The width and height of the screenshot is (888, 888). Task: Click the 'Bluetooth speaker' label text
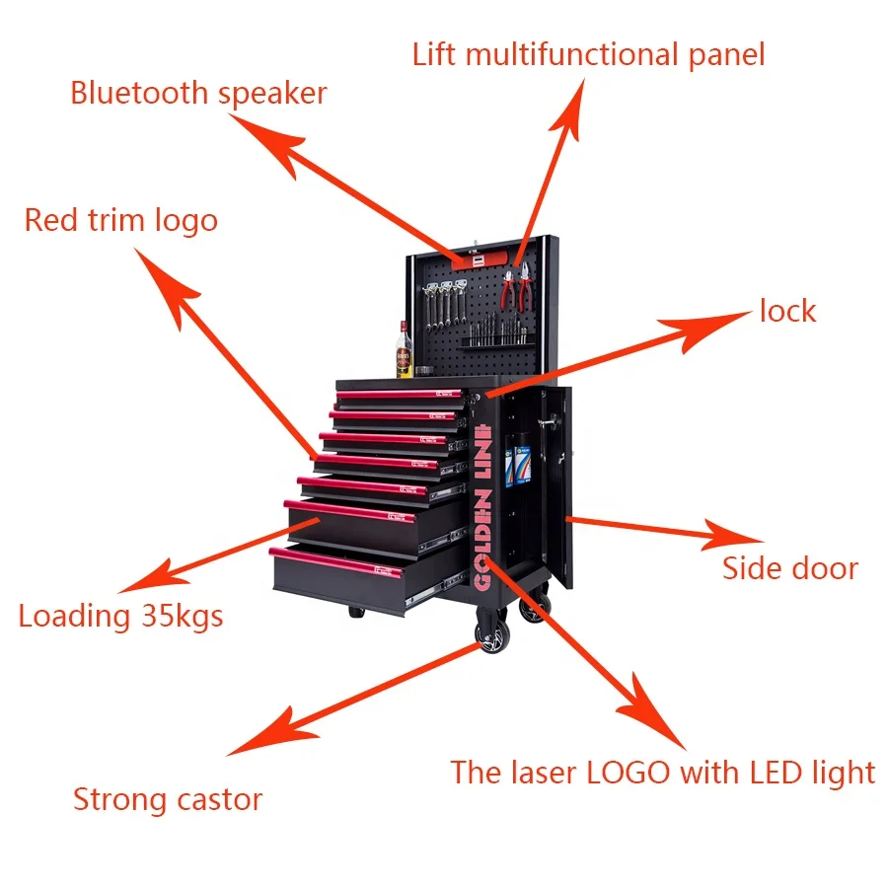coord(197,94)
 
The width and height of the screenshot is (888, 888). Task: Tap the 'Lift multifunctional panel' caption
coord(588,53)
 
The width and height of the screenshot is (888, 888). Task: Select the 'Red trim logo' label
coord(120,220)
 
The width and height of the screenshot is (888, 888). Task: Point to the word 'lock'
coord(787,312)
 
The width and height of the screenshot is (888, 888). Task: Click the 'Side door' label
coord(789,568)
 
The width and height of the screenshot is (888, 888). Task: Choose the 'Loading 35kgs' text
coord(120,617)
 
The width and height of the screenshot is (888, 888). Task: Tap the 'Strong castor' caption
coord(168,798)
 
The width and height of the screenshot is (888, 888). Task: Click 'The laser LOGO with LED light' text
coord(662,772)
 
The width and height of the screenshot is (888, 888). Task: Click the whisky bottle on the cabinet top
coord(405,350)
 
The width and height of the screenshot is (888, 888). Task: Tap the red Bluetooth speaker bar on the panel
coord(483,259)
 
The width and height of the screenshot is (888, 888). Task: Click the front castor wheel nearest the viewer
coord(490,636)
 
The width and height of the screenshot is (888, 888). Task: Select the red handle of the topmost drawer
coord(395,395)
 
